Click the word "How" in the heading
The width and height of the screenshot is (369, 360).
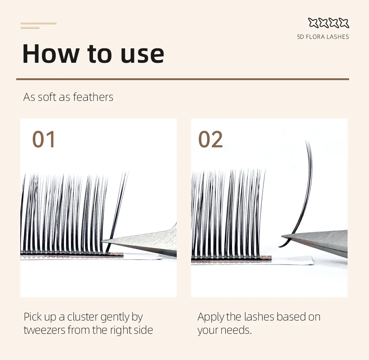pyautogui.click(x=51, y=54)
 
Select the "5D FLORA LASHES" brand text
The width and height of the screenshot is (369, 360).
pyautogui.click(x=323, y=37)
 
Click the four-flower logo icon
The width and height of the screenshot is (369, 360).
pyautogui.click(x=328, y=23)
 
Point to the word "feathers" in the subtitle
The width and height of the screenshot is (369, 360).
pyautogui.click(x=93, y=97)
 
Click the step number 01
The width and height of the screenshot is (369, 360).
pyautogui.click(x=44, y=139)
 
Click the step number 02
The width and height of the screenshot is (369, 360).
pyautogui.click(x=210, y=139)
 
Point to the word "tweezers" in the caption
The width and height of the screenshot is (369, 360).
pyautogui.click(x=44, y=330)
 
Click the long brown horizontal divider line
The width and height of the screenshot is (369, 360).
pyautogui.click(x=183, y=79)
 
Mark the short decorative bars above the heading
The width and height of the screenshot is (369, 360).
pyautogui.click(x=38, y=25)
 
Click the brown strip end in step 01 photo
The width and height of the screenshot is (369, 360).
pyautogui.click(x=119, y=254)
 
